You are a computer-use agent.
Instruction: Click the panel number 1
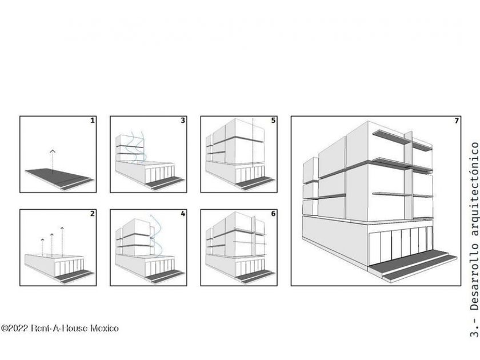pos(93,121)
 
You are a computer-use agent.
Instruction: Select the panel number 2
pos(93,214)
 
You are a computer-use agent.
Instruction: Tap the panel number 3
pos(183,121)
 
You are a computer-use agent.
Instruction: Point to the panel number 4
pos(183,214)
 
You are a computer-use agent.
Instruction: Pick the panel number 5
pos(273,121)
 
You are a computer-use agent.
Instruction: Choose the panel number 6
pos(273,214)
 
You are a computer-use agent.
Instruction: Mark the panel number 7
pos(457,121)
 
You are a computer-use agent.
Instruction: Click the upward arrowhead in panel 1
pos(53,151)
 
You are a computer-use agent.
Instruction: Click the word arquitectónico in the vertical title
pos(474,189)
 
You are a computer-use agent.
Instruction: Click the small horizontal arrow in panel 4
pos(152,237)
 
